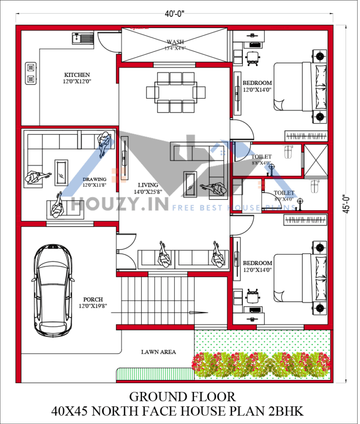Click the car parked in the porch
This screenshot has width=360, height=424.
pos(52,289)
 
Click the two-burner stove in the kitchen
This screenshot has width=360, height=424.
pos(31,74)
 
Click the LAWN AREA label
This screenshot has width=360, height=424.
pos(158,352)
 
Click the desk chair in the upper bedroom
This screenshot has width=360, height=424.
pos(252,58)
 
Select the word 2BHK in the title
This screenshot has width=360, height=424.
pos(287,411)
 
